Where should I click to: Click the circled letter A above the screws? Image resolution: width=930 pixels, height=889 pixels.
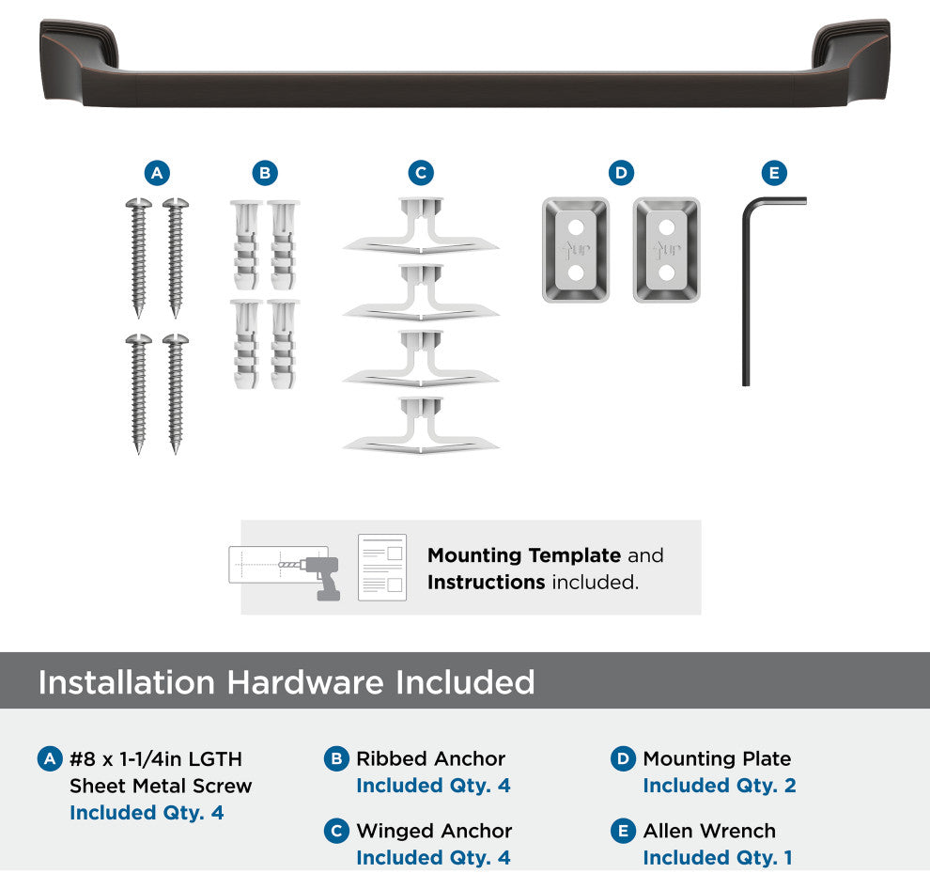pyautogui.click(x=157, y=173)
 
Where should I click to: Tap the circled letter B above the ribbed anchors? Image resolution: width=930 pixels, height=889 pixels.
pyautogui.click(x=265, y=173)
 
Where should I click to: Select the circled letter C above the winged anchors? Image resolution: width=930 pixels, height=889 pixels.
pyautogui.click(x=421, y=173)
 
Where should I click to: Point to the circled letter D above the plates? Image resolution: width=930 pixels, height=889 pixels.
pyautogui.click(x=621, y=173)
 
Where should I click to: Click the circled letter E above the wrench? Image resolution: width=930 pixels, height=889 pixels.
pyautogui.click(x=774, y=173)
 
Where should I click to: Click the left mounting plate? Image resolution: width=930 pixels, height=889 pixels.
pyautogui.click(x=575, y=250)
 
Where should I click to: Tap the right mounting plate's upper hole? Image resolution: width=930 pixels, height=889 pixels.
pyautogui.click(x=667, y=227)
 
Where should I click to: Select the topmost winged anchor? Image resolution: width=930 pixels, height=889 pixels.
pyautogui.click(x=421, y=226)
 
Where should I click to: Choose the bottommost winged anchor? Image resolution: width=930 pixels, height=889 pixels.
pyautogui.click(x=421, y=426)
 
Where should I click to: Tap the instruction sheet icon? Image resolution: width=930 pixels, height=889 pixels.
pyautogui.click(x=382, y=568)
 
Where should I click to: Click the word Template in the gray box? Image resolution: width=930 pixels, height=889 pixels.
pyautogui.click(x=575, y=555)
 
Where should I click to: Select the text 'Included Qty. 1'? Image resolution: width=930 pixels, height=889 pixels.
pyautogui.click(x=718, y=858)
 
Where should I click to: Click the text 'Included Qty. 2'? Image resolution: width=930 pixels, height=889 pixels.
pyautogui.click(x=720, y=785)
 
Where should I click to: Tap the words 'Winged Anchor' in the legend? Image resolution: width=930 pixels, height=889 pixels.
pyautogui.click(x=434, y=831)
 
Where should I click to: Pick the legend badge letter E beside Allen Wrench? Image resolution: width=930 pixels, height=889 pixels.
pyautogui.click(x=623, y=831)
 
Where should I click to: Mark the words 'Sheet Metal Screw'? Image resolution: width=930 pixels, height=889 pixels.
pyautogui.click(x=161, y=786)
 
